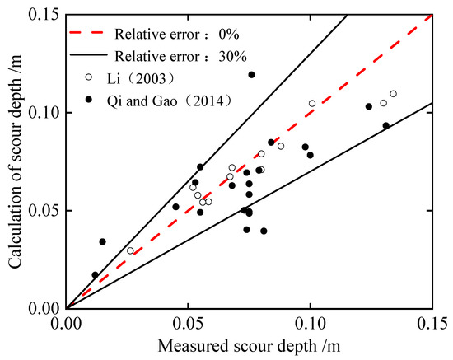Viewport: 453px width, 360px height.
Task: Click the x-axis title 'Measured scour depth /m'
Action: [x=249, y=345]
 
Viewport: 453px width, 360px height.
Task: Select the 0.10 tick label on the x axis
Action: [x=311, y=322]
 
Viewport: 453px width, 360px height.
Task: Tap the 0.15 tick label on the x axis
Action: [x=431, y=322]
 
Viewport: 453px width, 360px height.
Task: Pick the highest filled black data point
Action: [x=251, y=75]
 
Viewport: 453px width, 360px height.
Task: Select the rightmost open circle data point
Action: [x=393, y=94]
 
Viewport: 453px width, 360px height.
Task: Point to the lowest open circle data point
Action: [x=130, y=250]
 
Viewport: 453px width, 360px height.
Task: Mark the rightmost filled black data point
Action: [x=385, y=125]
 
